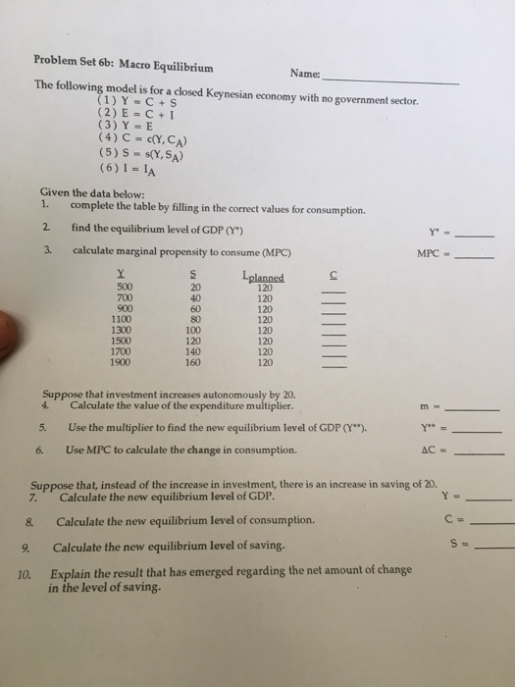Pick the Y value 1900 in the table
(125, 360)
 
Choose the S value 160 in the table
(194, 360)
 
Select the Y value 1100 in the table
(125, 319)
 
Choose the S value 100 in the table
(194, 330)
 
